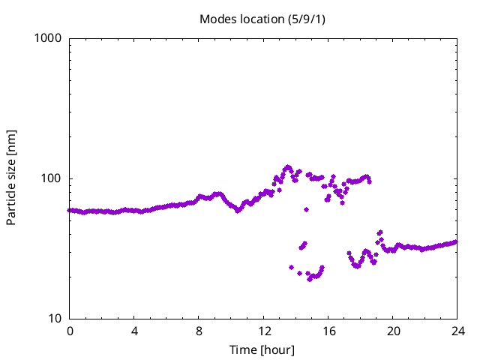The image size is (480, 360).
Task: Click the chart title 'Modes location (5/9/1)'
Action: point(262,18)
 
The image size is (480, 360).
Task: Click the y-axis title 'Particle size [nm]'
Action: point(11,177)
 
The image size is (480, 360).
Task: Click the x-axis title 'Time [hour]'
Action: point(262,350)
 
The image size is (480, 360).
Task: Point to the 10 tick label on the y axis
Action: point(54,319)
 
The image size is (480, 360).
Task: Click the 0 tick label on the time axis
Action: point(70,331)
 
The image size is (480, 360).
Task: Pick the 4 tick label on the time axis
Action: point(134,331)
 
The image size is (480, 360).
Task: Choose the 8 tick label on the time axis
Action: point(199,331)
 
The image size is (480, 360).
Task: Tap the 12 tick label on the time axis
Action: point(263,331)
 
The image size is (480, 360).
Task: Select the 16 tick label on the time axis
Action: point(328,331)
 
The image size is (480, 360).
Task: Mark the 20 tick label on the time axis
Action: point(392,331)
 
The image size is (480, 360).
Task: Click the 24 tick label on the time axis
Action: point(457,331)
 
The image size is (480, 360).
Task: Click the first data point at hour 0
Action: point(70,210)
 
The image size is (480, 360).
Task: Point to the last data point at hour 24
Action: point(456,241)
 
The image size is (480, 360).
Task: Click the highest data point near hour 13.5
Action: point(288,167)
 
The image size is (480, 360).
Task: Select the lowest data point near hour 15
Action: point(309,279)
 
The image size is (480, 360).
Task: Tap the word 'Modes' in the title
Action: point(217,18)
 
